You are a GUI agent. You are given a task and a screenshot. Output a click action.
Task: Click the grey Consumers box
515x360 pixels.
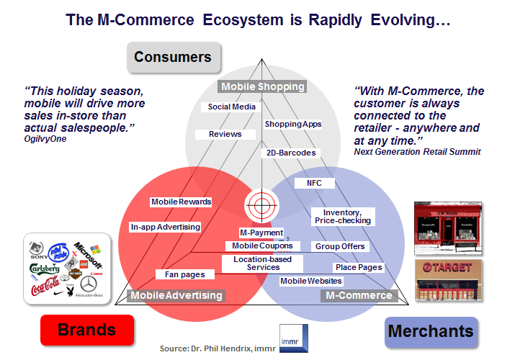pyautogui.click(x=173, y=57)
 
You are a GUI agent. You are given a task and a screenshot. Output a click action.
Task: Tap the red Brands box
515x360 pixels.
pyautogui.click(x=86, y=330)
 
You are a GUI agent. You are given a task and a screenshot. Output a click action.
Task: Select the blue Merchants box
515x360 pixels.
pyautogui.click(x=431, y=332)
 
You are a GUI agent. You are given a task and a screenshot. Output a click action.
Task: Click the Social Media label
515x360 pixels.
pyautogui.click(x=232, y=107)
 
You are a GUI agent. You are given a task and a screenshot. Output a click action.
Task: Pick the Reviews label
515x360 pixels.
pyautogui.click(x=225, y=134)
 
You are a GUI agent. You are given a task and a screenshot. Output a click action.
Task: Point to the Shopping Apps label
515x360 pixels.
pyautogui.click(x=292, y=124)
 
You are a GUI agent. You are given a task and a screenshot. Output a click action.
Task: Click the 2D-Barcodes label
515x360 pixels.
pyautogui.click(x=290, y=153)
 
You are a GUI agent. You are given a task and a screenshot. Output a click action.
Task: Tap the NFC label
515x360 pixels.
pyautogui.click(x=314, y=183)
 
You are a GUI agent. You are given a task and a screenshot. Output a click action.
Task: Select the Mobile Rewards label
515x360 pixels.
pyautogui.click(x=182, y=202)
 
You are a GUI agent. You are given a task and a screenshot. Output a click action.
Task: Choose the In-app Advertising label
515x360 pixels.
pyautogui.click(x=165, y=227)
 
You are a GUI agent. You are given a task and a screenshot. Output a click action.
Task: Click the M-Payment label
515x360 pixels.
pyautogui.click(x=261, y=233)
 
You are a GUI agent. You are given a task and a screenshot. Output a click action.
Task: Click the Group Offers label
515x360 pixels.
pyautogui.click(x=340, y=246)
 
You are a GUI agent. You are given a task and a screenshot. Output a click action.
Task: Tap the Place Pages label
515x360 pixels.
pyautogui.click(x=359, y=267)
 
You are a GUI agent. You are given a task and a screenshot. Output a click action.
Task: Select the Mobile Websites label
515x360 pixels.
pyautogui.click(x=311, y=281)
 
